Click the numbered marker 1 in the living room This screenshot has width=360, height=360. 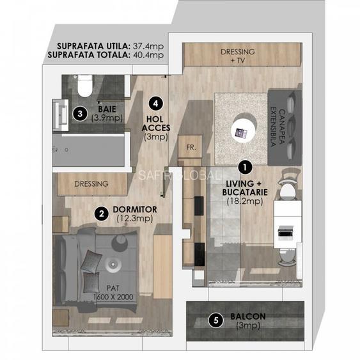coord(243,166)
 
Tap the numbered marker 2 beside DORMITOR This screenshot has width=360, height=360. coord(100,214)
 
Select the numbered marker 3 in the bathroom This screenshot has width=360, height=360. coord(79,114)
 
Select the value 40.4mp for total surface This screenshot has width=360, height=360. coord(148,56)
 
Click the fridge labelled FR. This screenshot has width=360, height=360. coord(189,146)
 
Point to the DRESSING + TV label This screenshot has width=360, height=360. coord(237,56)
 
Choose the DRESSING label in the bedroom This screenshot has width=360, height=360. coord(91,184)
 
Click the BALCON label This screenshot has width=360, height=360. coord(249,317)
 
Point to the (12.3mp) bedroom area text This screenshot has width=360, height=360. coord(132,219)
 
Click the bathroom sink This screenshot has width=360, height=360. coord(63,111)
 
